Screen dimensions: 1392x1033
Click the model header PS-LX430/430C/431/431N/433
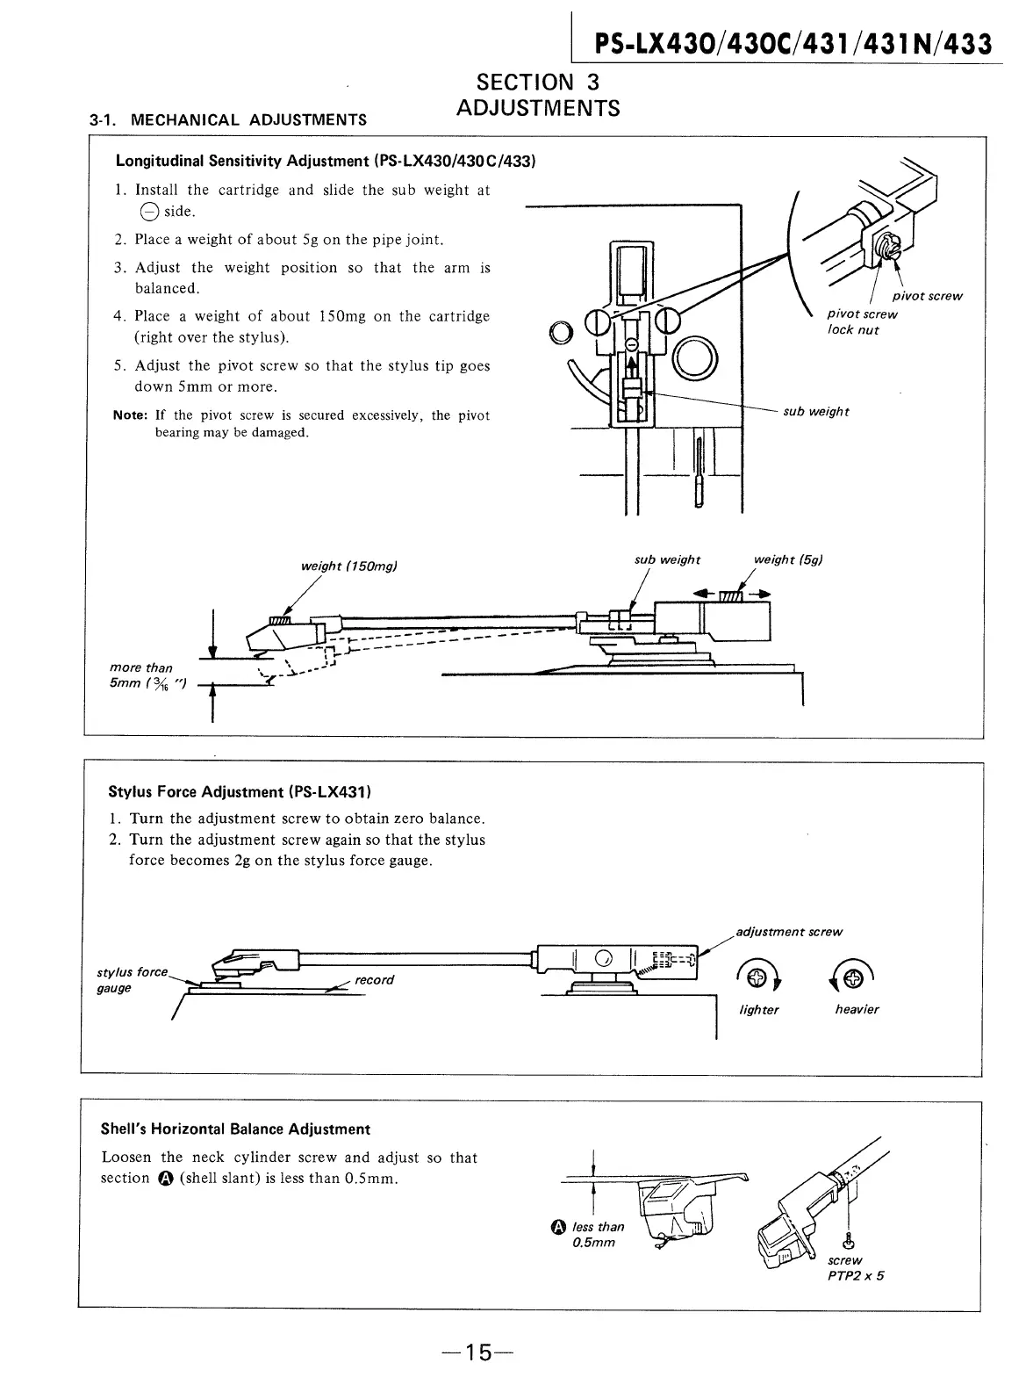tap(793, 43)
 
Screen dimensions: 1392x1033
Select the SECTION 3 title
tap(537, 83)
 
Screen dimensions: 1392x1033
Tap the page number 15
tap(477, 1352)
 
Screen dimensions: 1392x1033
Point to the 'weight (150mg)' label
tap(349, 566)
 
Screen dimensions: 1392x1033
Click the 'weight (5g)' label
tap(788, 559)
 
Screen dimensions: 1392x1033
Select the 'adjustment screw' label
tap(789, 931)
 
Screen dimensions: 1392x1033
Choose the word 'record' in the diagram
tap(375, 979)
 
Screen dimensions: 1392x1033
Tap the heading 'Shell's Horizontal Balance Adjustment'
tap(235, 1129)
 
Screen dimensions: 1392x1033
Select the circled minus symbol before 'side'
tap(147, 212)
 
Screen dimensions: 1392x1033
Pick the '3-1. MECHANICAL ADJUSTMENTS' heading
tap(228, 119)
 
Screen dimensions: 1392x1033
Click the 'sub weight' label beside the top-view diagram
tap(815, 411)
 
